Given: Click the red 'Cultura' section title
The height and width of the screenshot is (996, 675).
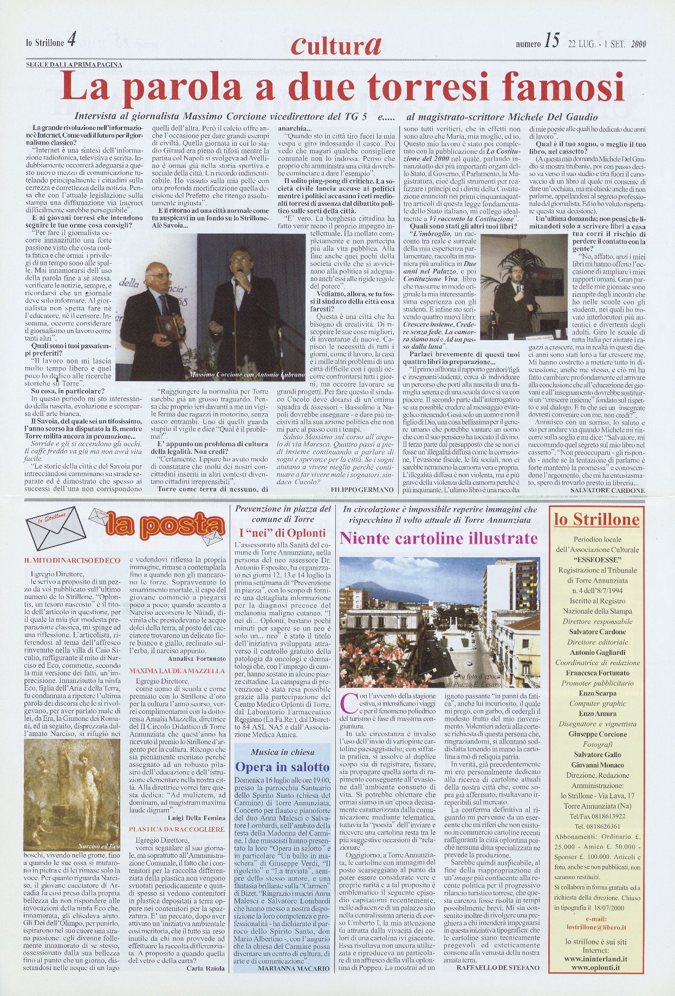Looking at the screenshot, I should coord(336,45).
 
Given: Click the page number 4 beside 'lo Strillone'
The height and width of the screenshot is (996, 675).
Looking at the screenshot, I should coord(72,41).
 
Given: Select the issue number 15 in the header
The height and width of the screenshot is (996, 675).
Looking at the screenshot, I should coord(551,42).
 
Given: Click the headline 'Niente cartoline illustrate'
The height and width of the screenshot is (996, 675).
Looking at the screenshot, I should coord(438,538).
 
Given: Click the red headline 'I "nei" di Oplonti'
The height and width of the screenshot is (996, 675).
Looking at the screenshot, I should coord(282,532).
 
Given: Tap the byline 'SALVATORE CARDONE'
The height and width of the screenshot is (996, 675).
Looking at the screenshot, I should coord(607,490).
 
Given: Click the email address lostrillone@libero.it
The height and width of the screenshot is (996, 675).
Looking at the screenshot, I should coord(596,912).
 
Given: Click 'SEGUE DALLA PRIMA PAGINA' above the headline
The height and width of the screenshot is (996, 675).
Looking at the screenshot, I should coord(74,64).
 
